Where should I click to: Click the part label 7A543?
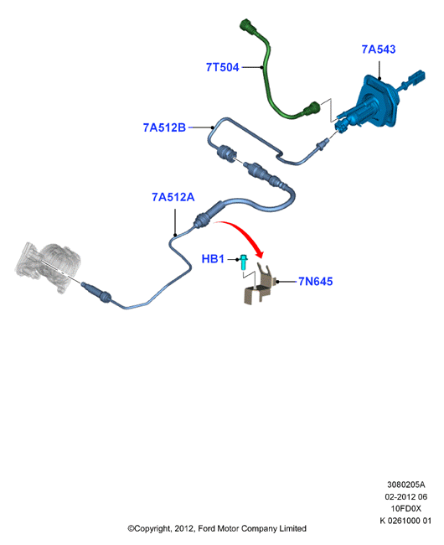click(379, 49)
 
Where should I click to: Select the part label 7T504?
click(223, 67)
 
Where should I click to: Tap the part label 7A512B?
click(164, 127)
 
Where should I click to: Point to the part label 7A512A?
click(173, 197)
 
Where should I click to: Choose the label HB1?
click(213, 259)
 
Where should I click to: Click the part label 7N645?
click(316, 281)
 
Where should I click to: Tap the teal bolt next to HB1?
click(244, 262)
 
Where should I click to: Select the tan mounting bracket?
click(260, 285)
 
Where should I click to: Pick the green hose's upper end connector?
click(249, 27)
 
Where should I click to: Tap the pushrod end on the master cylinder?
click(416, 80)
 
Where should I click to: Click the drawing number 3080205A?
click(405, 484)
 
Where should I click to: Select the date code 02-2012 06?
click(405, 496)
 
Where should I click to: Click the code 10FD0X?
click(405, 508)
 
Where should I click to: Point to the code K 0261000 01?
click(405, 521)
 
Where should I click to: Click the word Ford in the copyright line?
click(207, 529)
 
